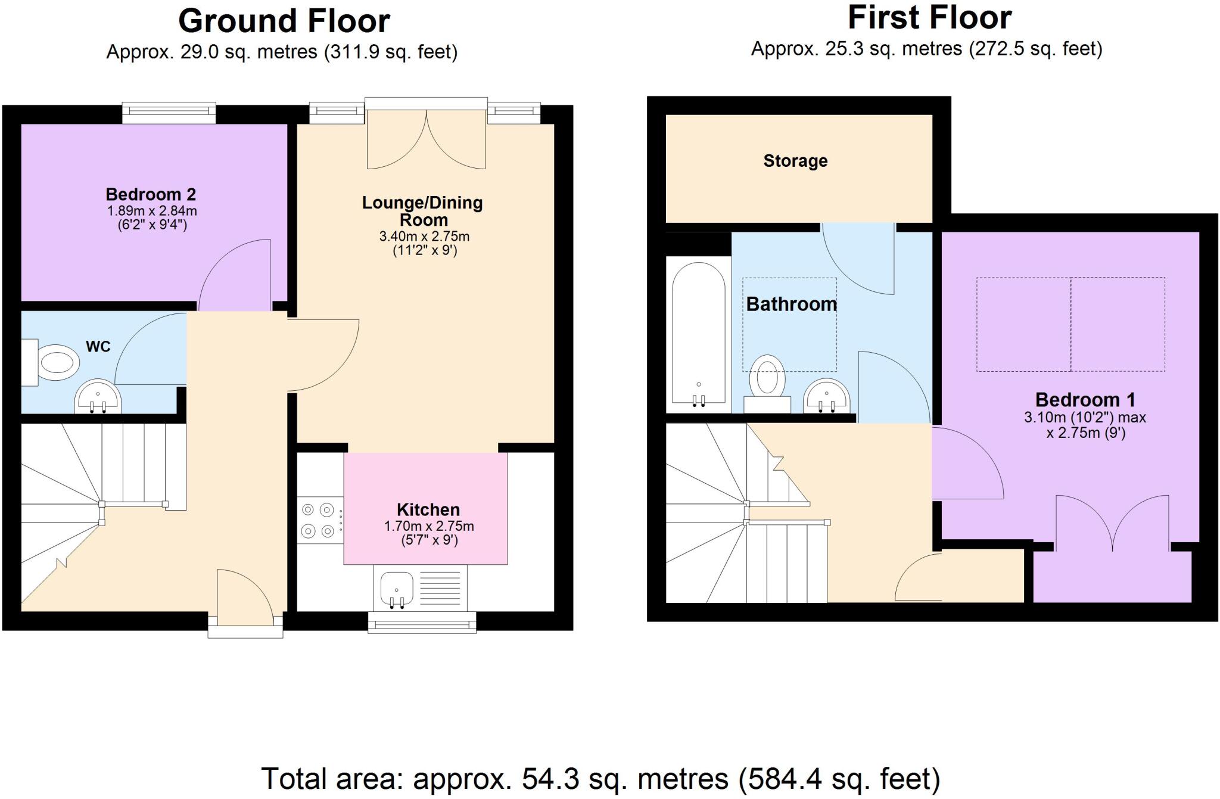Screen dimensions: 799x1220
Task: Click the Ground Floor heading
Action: [284, 21]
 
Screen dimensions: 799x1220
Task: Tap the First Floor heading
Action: [929, 18]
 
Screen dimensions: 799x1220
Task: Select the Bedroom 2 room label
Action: [151, 194]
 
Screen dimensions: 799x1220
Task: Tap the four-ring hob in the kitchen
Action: [319, 520]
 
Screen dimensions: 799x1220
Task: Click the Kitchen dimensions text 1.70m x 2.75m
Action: [429, 526]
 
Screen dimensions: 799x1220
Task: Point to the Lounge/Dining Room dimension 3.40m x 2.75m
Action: [424, 237]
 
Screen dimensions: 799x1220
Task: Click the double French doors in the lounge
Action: [426, 140]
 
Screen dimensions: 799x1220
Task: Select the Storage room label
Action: [795, 161]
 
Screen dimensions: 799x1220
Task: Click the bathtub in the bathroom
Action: [698, 334]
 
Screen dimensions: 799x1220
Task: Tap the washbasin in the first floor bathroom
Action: [826, 396]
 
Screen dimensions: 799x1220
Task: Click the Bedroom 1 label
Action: [1085, 399]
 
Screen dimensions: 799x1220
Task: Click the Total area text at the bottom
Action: [600, 779]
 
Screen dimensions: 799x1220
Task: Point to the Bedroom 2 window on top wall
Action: [169, 113]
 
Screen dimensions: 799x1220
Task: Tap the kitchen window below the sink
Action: [422, 623]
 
